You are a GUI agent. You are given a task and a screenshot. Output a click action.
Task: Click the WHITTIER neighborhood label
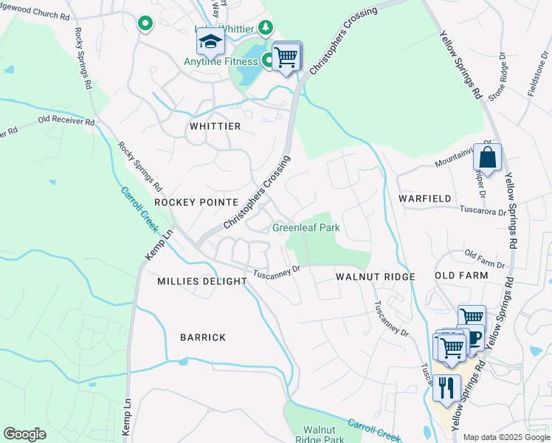point(215,126)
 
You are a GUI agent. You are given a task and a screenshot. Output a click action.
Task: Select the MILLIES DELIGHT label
point(202,281)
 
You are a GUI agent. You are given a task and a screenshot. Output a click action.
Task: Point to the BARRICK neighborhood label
point(203,337)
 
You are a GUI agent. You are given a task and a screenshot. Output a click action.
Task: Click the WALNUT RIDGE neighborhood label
point(376,276)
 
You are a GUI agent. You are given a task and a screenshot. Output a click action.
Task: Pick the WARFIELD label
point(424,199)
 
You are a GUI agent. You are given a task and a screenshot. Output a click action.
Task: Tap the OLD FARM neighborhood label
point(461,275)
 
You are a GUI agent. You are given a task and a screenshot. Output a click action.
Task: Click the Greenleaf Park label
point(306,227)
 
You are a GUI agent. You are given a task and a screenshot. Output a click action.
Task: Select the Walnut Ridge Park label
point(324,434)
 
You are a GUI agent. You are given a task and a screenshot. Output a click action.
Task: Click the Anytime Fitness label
point(221,61)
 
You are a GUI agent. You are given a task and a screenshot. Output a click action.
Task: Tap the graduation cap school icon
point(211,42)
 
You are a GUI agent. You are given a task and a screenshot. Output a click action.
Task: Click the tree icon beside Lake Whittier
point(266,28)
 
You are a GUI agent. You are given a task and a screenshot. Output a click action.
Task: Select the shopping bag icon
point(487,158)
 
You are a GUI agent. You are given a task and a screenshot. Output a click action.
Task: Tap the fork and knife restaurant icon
point(446,388)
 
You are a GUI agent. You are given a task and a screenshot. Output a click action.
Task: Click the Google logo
point(24,434)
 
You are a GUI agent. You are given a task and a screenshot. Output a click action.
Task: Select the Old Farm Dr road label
point(484,259)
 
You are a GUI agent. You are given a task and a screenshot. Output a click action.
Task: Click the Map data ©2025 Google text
point(506,437)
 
